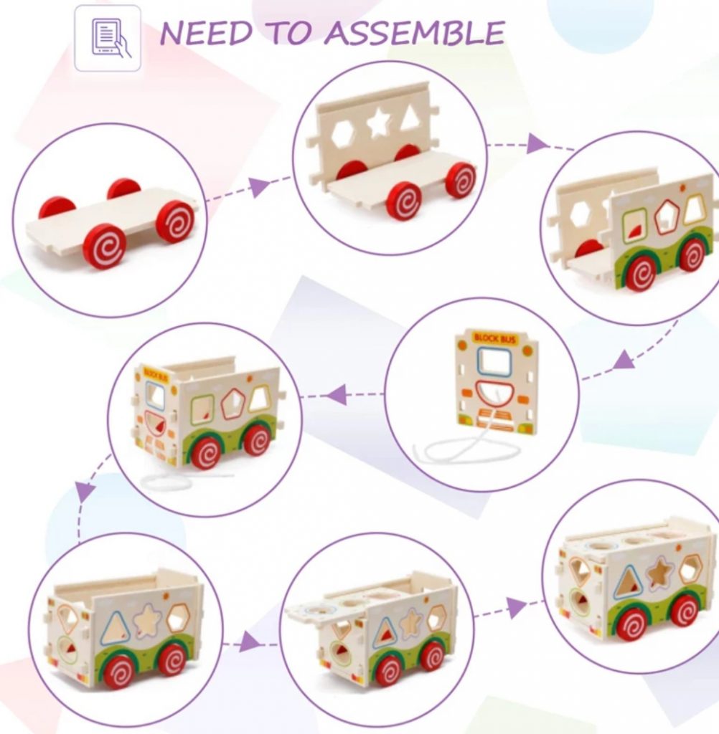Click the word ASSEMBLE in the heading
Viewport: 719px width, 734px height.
(415, 34)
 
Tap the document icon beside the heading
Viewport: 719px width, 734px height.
(108, 38)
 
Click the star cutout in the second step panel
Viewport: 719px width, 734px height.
(378, 123)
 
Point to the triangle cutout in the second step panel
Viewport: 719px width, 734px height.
(410, 118)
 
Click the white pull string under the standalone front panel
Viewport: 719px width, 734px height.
(466, 450)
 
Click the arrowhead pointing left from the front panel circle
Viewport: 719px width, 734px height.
(337, 394)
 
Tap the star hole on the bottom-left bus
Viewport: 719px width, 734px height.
(147, 621)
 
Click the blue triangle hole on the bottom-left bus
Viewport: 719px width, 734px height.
(115, 629)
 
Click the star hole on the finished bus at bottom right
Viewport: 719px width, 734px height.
(659, 573)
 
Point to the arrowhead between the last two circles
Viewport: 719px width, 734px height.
(515, 608)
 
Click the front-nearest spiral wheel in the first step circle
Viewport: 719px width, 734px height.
(105, 246)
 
